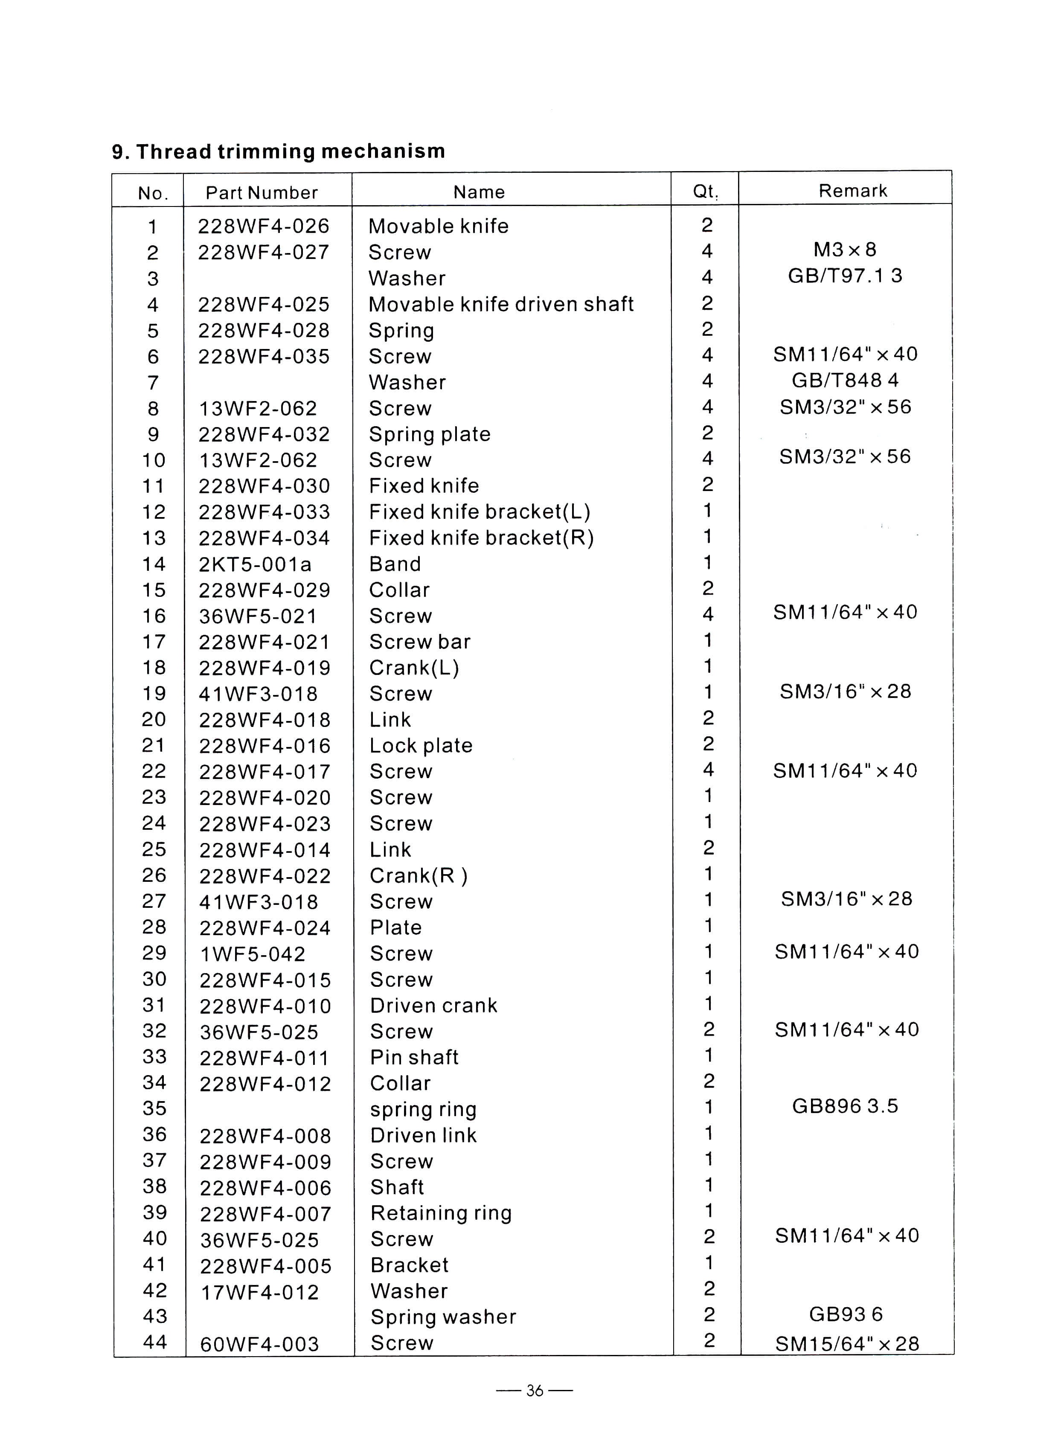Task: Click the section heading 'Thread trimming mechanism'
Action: pyautogui.click(x=279, y=152)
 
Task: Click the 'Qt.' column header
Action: pyautogui.click(x=705, y=192)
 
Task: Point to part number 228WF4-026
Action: pyautogui.click(x=263, y=226)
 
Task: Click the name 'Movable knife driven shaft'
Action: pyautogui.click(x=501, y=304)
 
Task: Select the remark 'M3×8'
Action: pyautogui.click(x=845, y=250)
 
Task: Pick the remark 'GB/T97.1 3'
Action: pyautogui.click(x=845, y=276)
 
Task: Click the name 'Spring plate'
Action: pyautogui.click(x=430, y=434)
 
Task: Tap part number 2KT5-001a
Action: pyautogui.click(x=255, y=564)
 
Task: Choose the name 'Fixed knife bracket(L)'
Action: pyautogui.click(x=480, y=512)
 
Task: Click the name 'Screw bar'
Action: pyautogui.click(x=420, y=642)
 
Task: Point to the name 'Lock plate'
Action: pyautogui.click(x=421, y=746)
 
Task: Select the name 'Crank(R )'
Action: pyautogui.click(x=419, y=875)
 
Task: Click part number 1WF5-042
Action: pyautogui.click(x=253, y=954)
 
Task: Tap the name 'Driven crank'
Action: pyautogui.click(x=433, y=1006)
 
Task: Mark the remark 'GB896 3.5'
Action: pyautogui.click(x=845, y=1106)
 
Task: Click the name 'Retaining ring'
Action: pyautogui.click(x=441, y=1213)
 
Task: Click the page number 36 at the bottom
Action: pyautogui.click(x=534, y=1390)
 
